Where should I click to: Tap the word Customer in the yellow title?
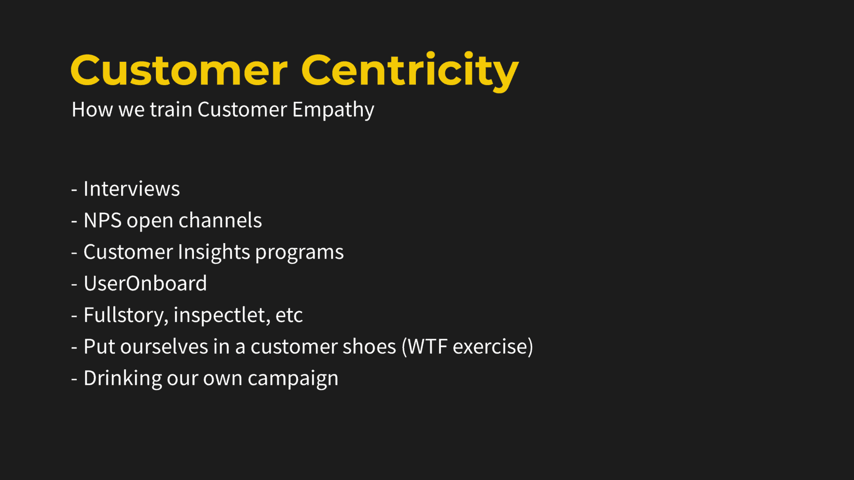click(x=179, y=71)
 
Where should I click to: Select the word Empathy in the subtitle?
click(x=333, y=110)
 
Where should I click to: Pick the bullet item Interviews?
click(x=132, y=189)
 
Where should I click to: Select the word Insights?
click(x=214, y=252)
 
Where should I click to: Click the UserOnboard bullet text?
click(x=145, y=284)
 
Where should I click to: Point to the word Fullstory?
click(x=126, y=316)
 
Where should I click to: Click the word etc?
click(x=290, y=316)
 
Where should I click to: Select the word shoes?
click(x=370, y=346)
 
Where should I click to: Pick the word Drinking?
click(x=123, y=379)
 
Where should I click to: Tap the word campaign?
click(x=293, y=379)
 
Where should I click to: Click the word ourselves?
click(x=164, y=346)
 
